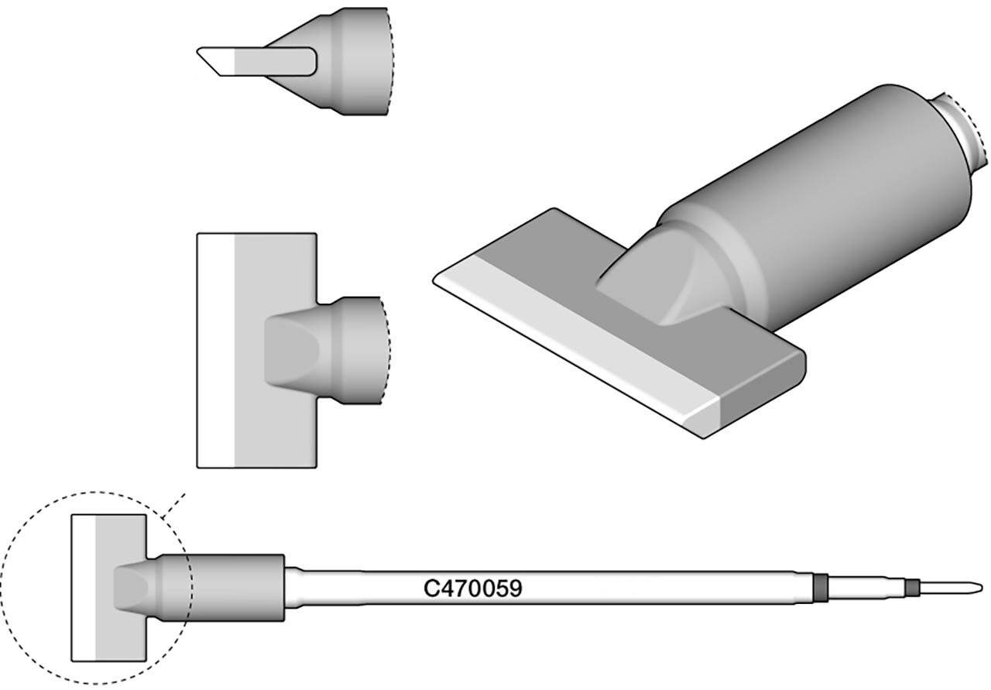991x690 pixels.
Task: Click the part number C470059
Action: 472,589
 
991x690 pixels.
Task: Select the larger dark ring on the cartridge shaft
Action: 821,588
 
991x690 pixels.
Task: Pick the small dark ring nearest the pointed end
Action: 913,588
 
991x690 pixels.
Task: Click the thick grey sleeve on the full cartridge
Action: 232,589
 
